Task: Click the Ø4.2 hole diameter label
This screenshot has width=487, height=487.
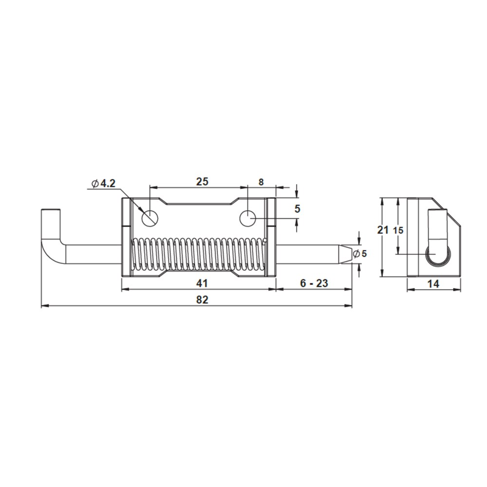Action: (x=104, y=183)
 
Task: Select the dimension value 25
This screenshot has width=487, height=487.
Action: (x=202, y=181)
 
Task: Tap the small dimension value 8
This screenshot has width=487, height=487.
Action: (x=261, y=182)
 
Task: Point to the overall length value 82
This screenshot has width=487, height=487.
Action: (x=202, y=300)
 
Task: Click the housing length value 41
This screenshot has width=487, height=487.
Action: (x=202, y=283)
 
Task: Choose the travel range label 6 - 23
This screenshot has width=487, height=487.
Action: (x=314, y=283)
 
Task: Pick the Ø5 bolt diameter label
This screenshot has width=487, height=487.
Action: (x=360, y=254)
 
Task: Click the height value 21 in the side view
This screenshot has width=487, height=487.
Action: (x=383, y=230)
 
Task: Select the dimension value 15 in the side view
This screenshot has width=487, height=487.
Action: (x=398, y=230)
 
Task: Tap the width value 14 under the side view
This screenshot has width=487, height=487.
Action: (x=433, y=283)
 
